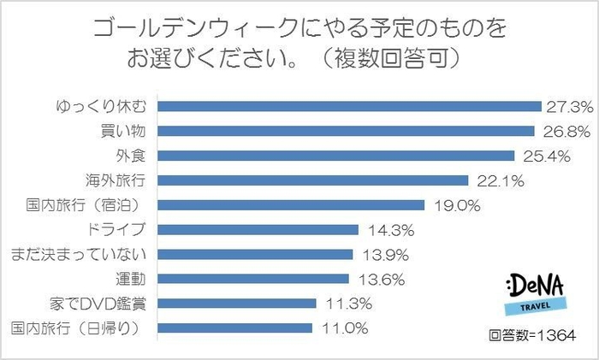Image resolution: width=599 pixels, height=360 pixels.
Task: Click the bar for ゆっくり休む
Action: click(351, 107)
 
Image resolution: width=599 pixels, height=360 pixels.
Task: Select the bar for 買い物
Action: click(347, 132)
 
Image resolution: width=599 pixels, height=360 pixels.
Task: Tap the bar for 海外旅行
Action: click(315, 180)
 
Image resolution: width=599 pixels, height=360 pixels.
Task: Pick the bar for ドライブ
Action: click(259, 229)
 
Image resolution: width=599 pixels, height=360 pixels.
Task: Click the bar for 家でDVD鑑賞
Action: click(238, 303)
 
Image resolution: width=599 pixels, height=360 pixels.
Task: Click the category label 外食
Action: click(134, 156)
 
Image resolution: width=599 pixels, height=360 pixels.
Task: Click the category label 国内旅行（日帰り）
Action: click(78, 328)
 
